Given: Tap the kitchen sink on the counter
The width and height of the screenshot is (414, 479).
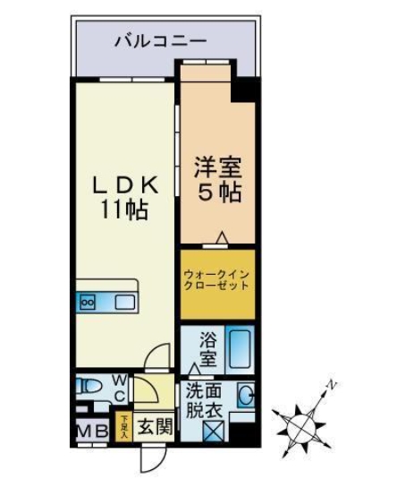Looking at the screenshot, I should pos(124,302).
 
